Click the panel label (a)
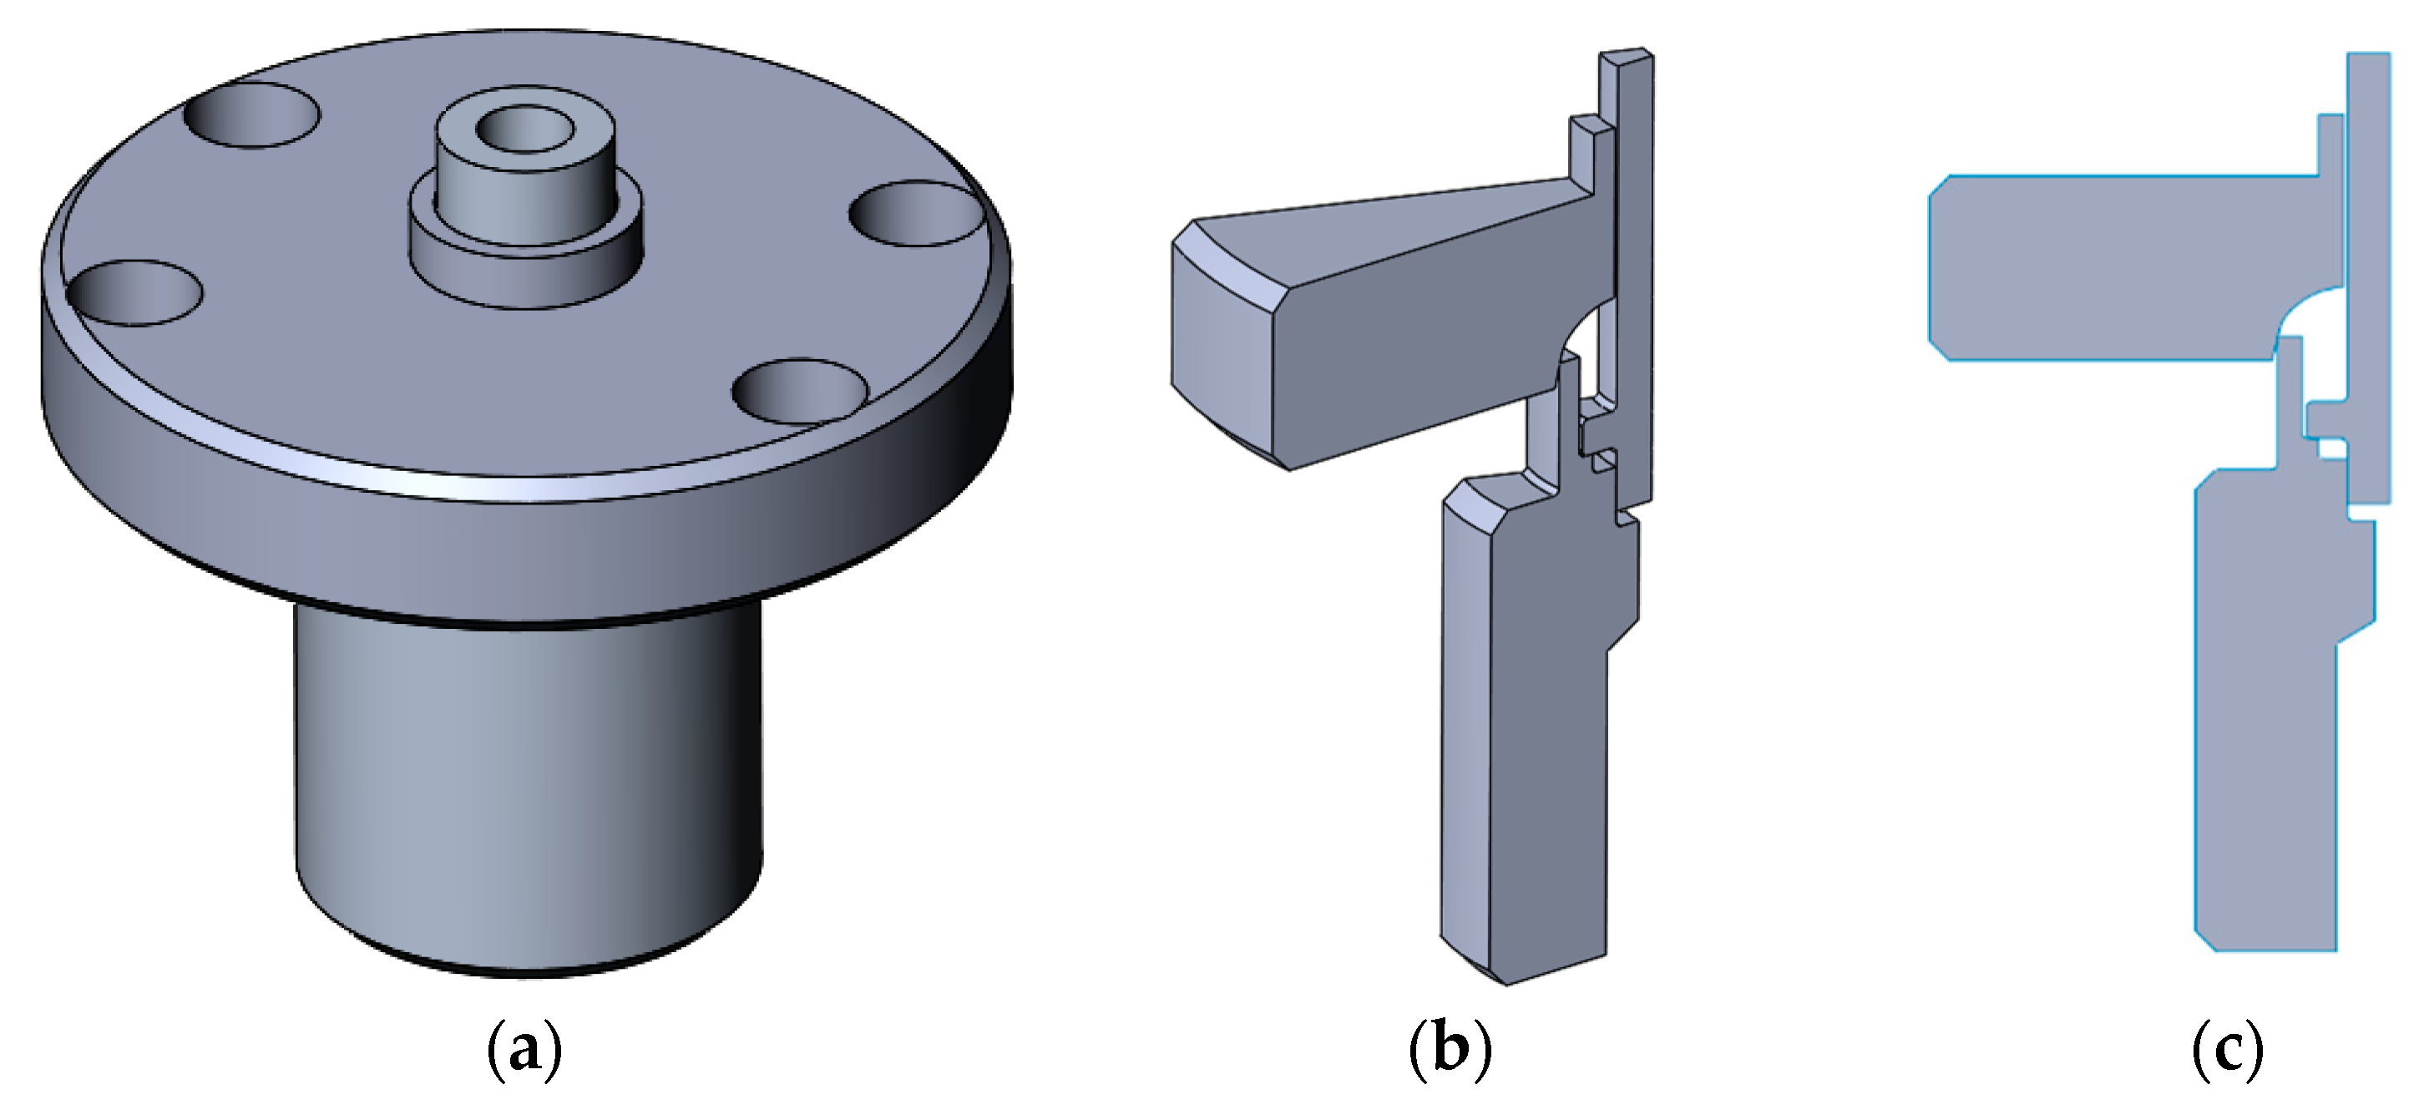(525, 1050)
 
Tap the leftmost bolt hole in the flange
(136, 294)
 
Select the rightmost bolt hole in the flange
(918, 215)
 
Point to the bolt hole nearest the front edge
(800, 391)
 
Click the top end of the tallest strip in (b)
(1627, 58)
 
